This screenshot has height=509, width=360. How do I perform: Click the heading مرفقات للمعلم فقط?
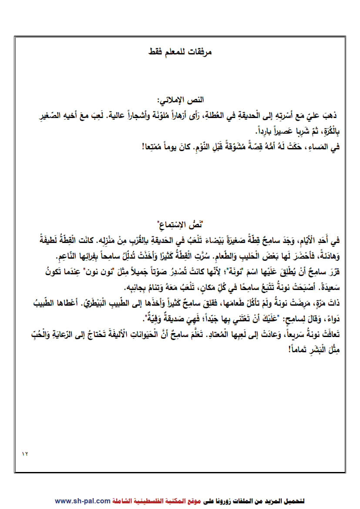[180, 52]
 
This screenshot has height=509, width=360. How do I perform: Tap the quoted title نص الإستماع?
[180, 226]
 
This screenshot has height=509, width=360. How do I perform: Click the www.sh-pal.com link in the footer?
[83, 501]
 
